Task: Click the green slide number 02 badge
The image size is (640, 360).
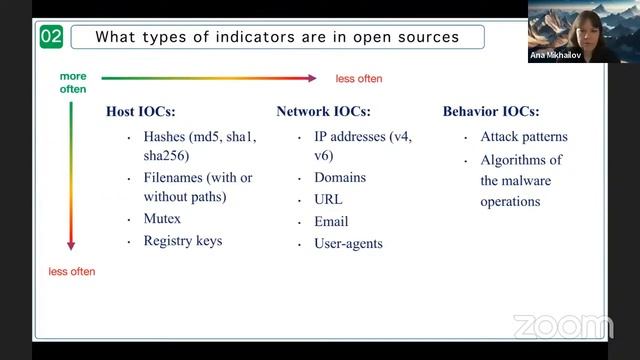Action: coord(51,38)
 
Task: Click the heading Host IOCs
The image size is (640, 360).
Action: coord(141,111)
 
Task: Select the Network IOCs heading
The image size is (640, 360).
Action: coord(323,111)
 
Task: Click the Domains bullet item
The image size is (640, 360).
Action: coord(340,177)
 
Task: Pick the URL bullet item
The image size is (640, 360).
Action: coord(328,199)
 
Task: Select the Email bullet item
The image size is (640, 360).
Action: coord(331,221)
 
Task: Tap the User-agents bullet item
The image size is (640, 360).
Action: coord(348,243)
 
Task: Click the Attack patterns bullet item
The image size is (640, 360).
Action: coord(524,136)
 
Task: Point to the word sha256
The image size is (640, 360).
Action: coord(166,156)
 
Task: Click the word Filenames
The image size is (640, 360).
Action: coord(176,178)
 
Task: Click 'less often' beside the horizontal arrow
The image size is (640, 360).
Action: coord(358,78)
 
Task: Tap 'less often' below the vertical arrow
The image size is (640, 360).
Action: coord(71,271)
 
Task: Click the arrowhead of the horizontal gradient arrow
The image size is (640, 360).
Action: coord(312,77)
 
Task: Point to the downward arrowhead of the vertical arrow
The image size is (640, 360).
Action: coord(71,246)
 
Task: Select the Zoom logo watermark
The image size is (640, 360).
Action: coord(562,327)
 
